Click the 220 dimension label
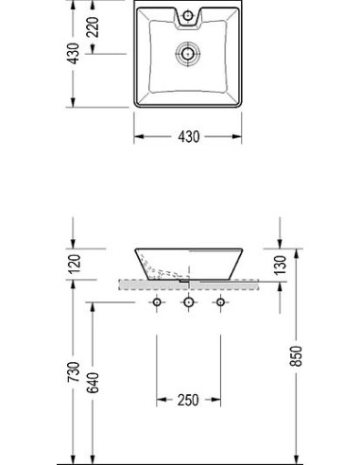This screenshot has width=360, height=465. pyautogui.click(x=93, y=27)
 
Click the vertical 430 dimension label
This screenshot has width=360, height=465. pyautogui.click(x=74, y=54)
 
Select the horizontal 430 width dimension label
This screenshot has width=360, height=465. pyautogui.click(x=189, y=137)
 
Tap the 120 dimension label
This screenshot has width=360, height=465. pyautogui.click(x=75, y=264)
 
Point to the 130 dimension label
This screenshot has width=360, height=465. pyautogui.click(x=280, y=266)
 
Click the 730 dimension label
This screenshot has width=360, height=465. pyautogui.click(x=74, y=372)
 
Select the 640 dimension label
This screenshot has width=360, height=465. pyautogui.click(x=93, y=383)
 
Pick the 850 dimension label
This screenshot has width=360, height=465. pyautogui.click(x=296, y=356)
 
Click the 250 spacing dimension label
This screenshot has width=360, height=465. pyautogui.click(x=188, y=400)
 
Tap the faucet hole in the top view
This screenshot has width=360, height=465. pyautogui.click(x=188, y=15)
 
